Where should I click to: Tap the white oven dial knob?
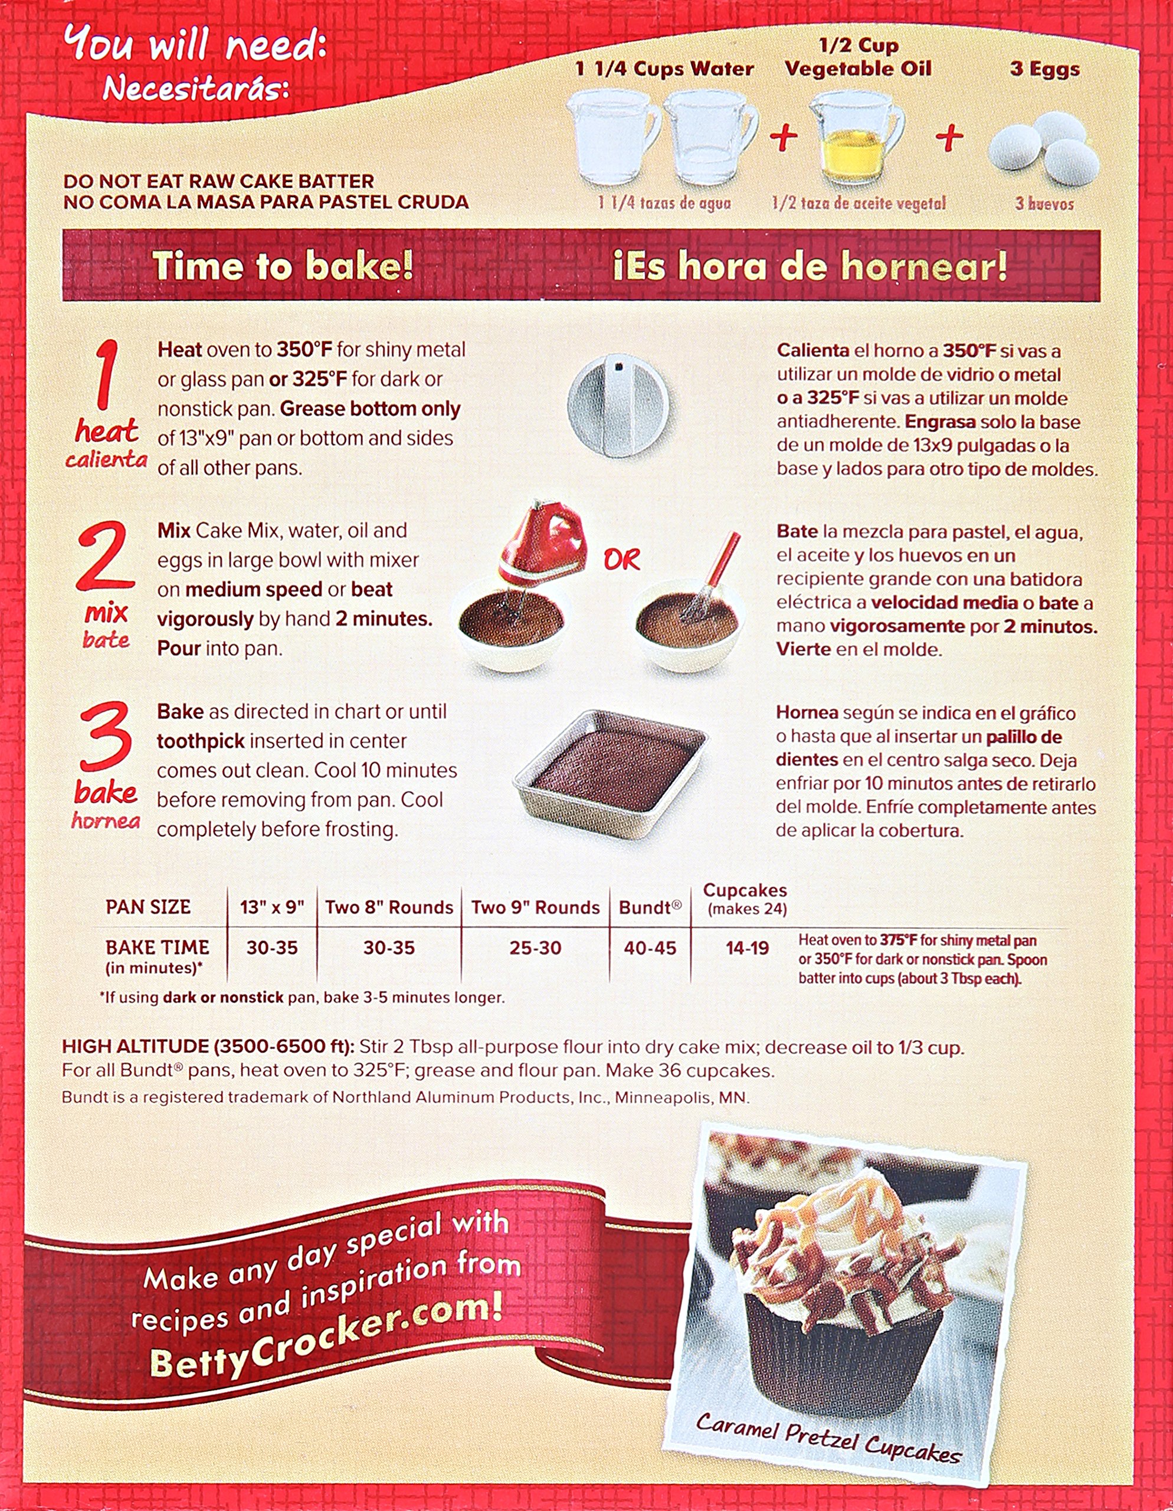(x=618, y=404)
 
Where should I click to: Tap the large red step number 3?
(x=106, y=736)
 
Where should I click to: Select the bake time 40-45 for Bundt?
(x=650, y=948)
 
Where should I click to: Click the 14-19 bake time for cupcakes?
(x=747, y=948)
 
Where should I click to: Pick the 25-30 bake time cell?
(x=535, y=948)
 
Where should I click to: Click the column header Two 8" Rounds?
(x=389, y=907)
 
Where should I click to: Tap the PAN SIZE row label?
(x=148, y=907)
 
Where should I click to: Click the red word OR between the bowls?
(x=622, y=560)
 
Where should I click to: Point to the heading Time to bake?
(x=283, y=266)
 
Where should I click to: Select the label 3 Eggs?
(x=1044, y=69)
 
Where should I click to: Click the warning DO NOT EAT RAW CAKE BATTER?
(x=218, y=181)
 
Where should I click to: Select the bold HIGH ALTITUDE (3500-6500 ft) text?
(x=208, y=1046)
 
